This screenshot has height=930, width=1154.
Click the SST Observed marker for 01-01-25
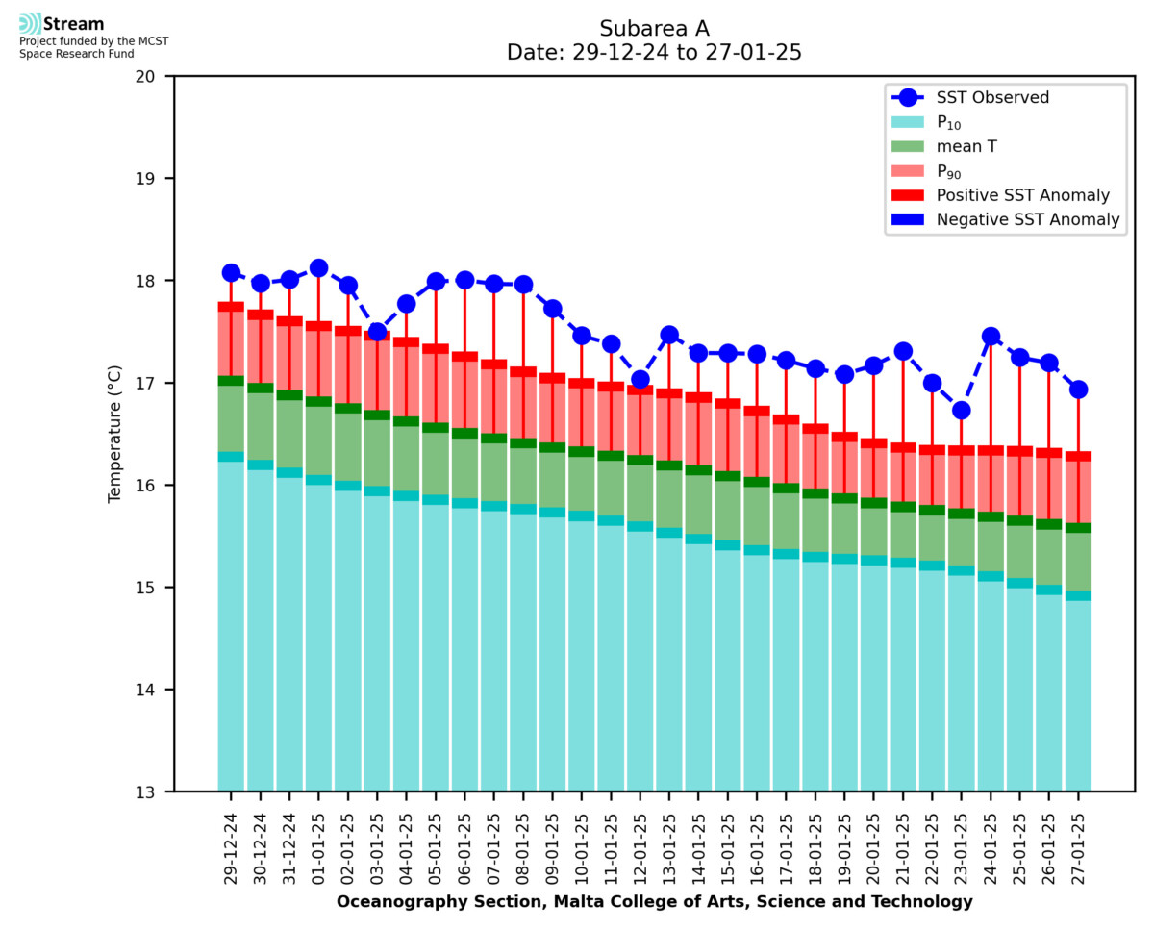319,268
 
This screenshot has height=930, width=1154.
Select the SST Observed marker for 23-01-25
961,411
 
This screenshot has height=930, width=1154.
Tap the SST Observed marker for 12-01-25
640,379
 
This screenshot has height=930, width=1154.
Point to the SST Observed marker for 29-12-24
232,273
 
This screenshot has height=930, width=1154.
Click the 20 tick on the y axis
154,76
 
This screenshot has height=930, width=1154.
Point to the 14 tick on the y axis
154,690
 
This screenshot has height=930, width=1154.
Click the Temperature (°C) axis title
115,433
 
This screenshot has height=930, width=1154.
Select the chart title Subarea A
654,28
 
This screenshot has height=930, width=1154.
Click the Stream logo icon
30,23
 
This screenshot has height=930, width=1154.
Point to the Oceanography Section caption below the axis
654,902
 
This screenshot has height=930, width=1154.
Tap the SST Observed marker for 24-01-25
991,337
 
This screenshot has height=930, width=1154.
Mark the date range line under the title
654,53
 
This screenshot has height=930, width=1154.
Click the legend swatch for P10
907,122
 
